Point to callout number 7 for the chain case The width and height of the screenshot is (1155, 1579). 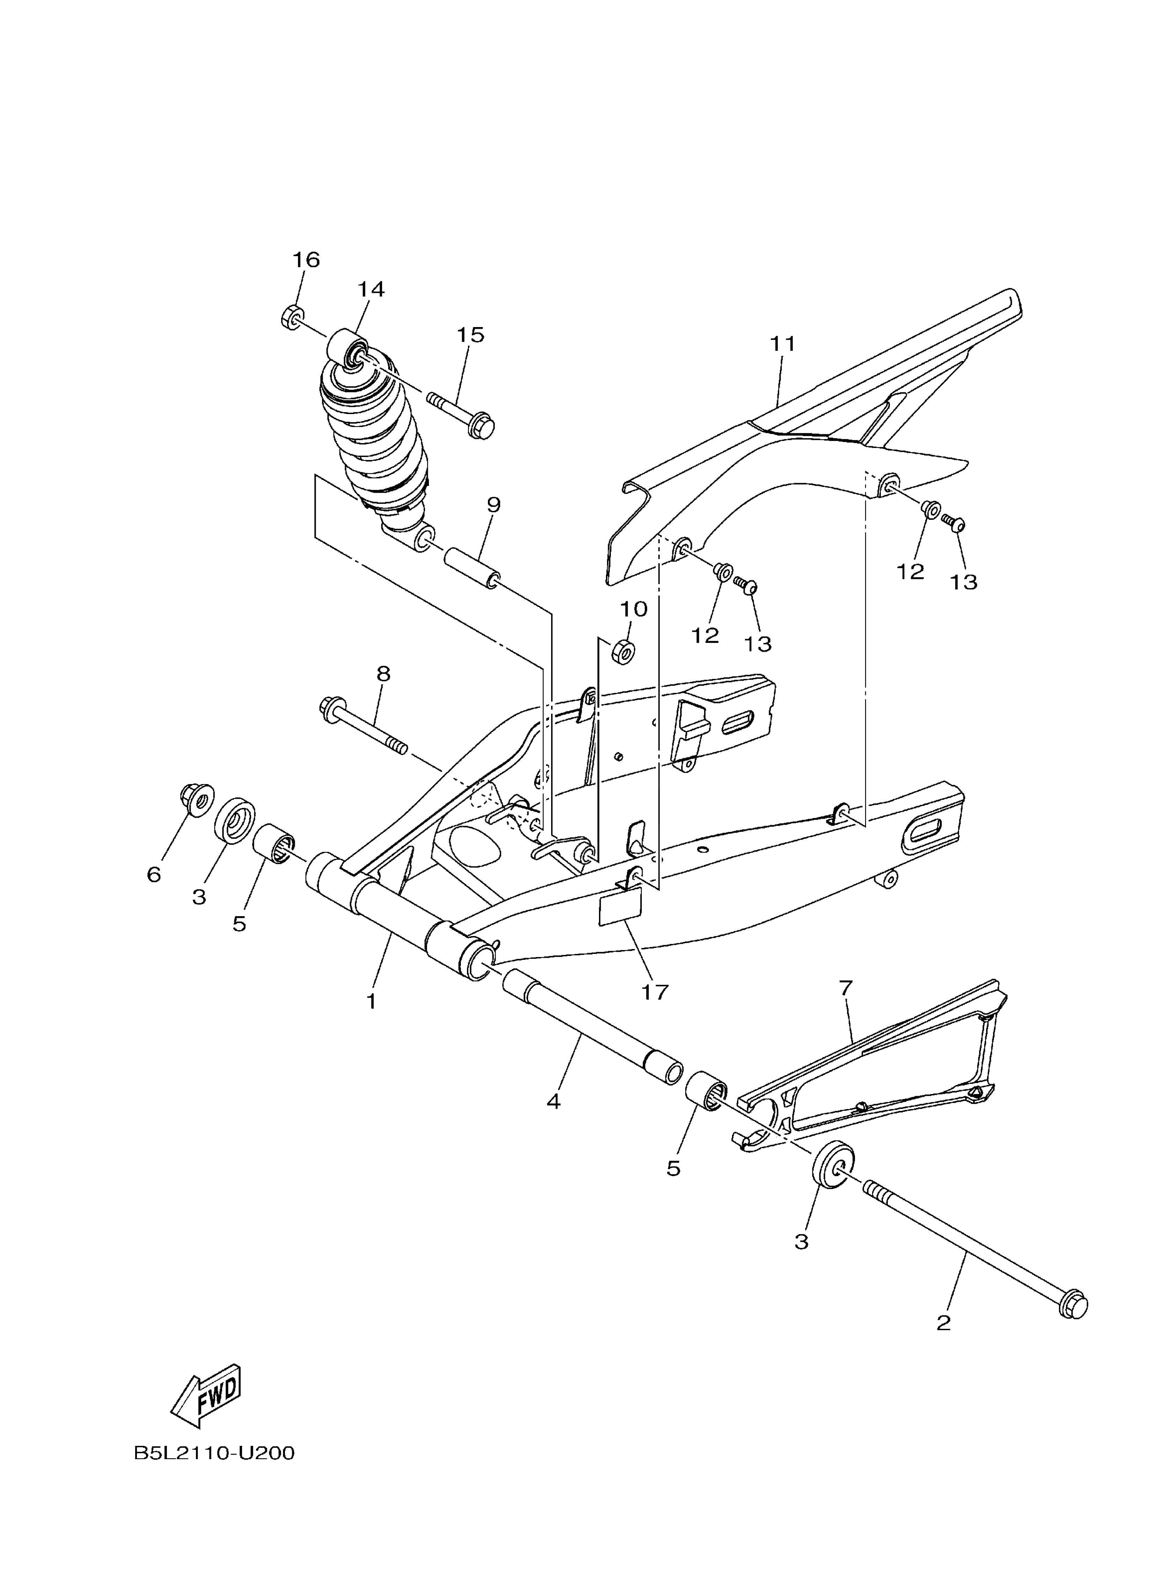[845, 988]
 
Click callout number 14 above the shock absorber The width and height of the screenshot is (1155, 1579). [371, 289]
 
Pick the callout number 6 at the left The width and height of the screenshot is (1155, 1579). [154, 874]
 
